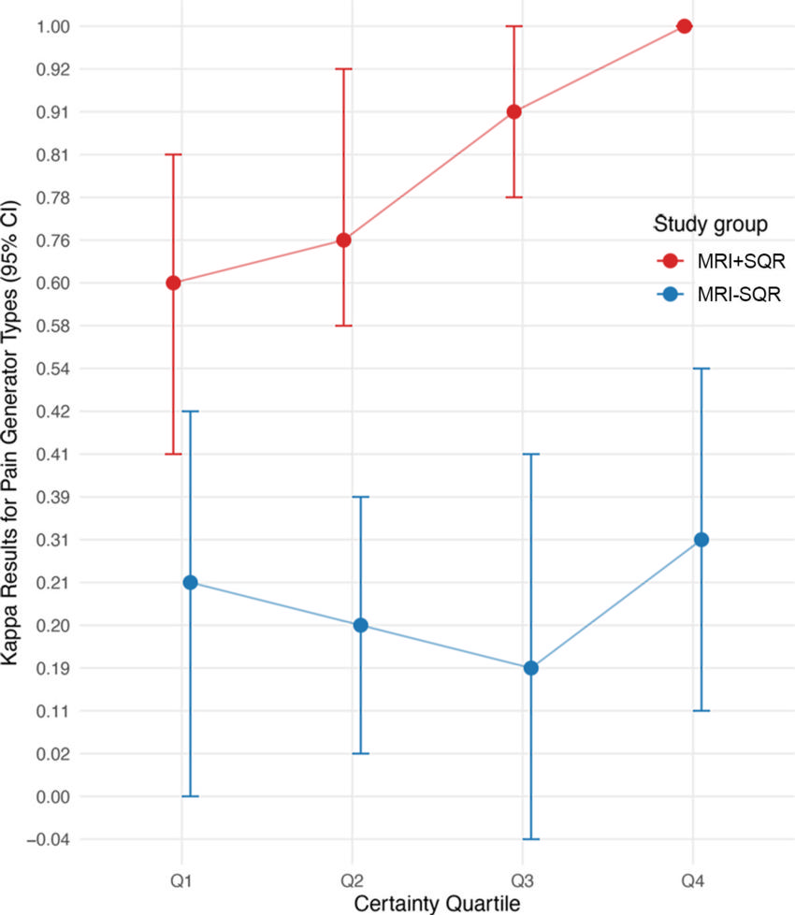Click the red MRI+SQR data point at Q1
click(173, 283)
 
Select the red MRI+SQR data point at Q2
click(343, 240)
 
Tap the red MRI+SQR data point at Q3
click(513, 111)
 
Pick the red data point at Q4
click(684, 26)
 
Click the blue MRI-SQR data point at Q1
click(190, 582)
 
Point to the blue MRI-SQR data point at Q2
click(360, 625)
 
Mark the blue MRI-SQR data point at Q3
click(530, 668)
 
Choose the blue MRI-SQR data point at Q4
click(701, 540)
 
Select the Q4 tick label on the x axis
click(692, 880)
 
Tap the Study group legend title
click(711, 225)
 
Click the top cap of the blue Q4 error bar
click(701, 369)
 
